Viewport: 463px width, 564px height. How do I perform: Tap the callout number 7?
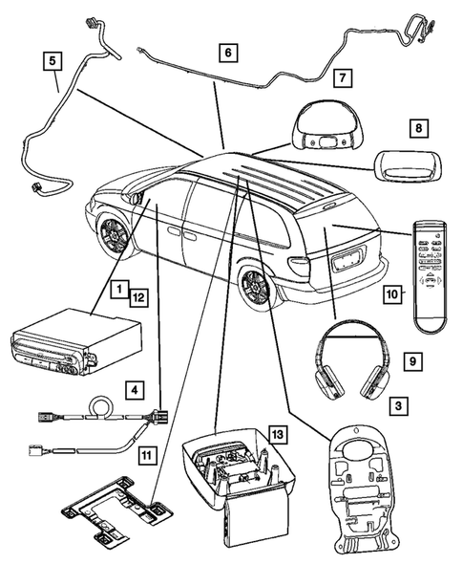pos(343,76)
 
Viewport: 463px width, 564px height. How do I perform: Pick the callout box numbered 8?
pos(416,126)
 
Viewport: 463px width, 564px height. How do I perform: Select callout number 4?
pos(137,389)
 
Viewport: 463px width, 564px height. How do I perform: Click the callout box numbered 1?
pos(116,287)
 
